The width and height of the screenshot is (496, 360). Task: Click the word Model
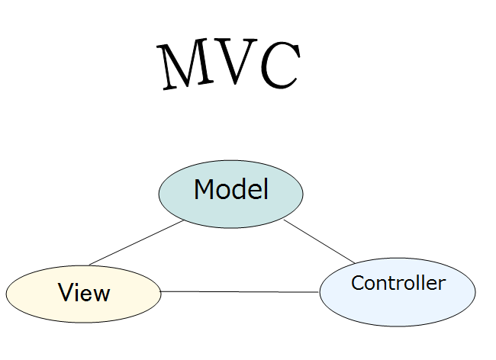(x=230, y=189)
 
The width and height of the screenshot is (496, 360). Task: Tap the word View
(x=84, y=293)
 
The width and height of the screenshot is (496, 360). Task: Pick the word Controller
(x=398, y=283)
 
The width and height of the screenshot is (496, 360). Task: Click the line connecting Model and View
(x=136, y=243)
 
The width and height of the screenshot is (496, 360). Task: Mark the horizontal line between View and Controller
(x=240, y=291)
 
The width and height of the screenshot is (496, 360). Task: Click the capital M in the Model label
(x=204, y=189)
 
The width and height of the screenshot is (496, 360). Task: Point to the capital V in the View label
(x=65, y=293)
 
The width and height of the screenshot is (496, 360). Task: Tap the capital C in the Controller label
(x=357, y=283)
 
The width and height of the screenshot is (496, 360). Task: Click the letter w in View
(x=101, y=294)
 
